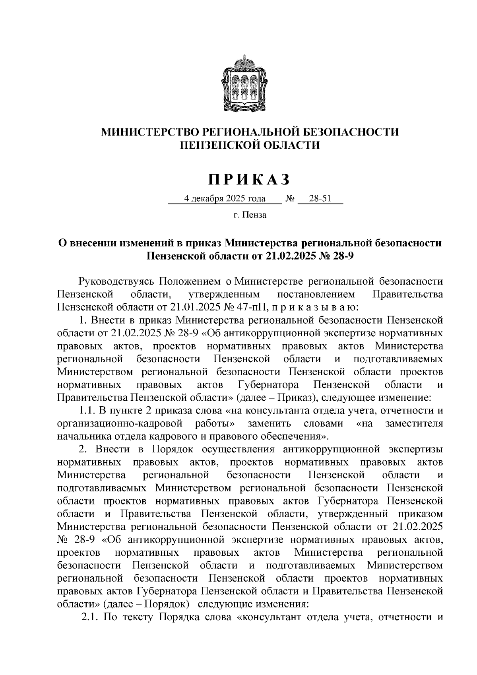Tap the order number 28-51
[320, 198]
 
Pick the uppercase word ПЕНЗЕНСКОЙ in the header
[217, 145]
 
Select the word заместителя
[414, 423]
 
